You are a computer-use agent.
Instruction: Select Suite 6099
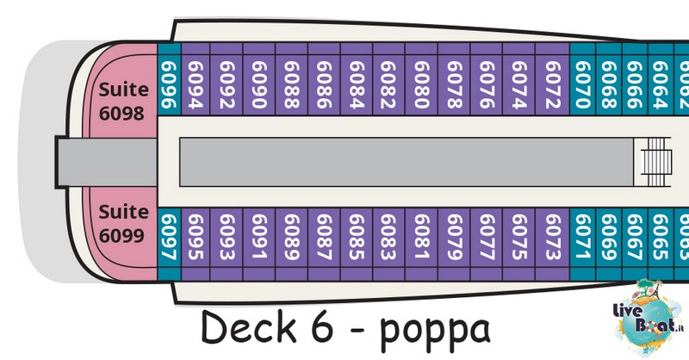(121, 223)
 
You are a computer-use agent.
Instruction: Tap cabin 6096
(169, 79)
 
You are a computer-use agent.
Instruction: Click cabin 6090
(259, 79)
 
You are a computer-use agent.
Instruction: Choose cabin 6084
(357, 79)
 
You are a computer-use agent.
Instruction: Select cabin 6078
(454, 79)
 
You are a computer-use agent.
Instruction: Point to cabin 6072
(552, 79)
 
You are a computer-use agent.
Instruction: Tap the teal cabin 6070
(583, 79)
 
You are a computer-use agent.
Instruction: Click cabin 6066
(635, 79)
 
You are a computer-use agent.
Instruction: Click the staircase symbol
(655, 162)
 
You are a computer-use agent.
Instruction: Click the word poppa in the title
(435, 330)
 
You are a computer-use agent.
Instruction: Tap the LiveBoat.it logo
(648, 317)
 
